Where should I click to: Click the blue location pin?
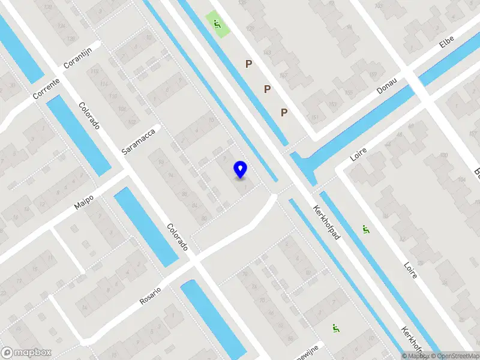coord(241,169)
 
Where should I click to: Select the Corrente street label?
coord(46,88)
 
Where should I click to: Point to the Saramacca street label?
coord(139,139)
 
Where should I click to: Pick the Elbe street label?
coord(446,40)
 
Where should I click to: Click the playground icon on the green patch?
coord(217,25)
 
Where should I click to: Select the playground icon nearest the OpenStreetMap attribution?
coord(335,328)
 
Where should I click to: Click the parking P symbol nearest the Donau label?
coord(284,112)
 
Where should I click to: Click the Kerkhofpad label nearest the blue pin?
coord(326,223)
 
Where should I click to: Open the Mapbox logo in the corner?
coord(26,353)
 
